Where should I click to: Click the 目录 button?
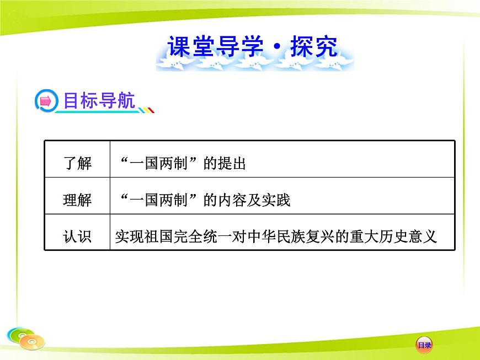424,345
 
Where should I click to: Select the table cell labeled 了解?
77,164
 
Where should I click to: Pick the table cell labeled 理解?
77,200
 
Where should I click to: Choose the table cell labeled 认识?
77,237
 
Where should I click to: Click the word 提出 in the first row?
232,164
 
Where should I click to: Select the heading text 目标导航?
99,100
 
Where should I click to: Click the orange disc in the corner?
32,342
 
